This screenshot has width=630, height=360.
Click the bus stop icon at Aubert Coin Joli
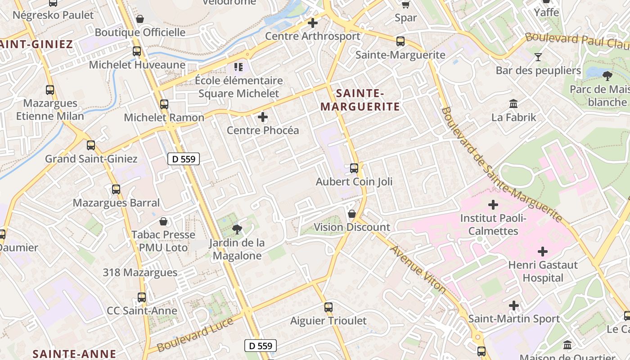point(354,168)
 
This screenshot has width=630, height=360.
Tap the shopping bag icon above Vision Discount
point(352,213)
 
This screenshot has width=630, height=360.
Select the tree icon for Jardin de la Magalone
point(237,229)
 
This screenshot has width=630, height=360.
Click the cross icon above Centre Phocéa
point(263,117)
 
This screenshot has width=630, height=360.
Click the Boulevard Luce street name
point(195,335)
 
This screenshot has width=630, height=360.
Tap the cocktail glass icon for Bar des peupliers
point(538,57)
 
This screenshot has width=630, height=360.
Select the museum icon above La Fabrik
point(513,104)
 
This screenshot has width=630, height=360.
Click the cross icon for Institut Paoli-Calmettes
point(493,205)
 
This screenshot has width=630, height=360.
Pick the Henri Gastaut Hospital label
point(543,271)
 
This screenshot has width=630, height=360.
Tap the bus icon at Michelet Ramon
point(164,104)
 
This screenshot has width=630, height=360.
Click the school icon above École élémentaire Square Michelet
point(238,67)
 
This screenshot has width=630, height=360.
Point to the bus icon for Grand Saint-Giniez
point(91,145)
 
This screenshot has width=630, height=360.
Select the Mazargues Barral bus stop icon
point(116,189)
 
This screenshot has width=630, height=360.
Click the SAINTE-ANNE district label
point(74,354)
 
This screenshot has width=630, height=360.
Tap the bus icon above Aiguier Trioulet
point(328,307)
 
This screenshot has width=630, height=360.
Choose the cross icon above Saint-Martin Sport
point(514,306)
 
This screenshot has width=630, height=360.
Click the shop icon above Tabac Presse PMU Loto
point(163,221)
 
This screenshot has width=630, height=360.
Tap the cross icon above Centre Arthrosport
point(312,22)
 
